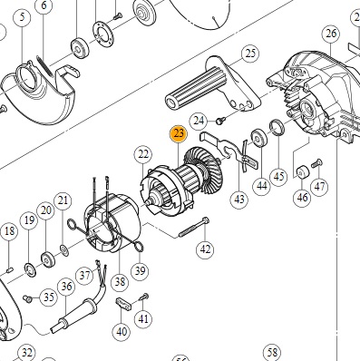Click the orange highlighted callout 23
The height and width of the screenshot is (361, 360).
179,134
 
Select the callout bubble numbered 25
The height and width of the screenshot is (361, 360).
250,54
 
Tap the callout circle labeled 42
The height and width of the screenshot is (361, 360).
205,249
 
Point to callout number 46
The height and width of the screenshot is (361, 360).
302,198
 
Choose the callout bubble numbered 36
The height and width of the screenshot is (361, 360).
66,287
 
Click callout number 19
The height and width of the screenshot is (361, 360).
29,220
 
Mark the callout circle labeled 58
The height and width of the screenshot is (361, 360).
272,353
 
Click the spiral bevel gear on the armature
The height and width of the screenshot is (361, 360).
207,170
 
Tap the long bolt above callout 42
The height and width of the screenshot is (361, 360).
194,228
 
